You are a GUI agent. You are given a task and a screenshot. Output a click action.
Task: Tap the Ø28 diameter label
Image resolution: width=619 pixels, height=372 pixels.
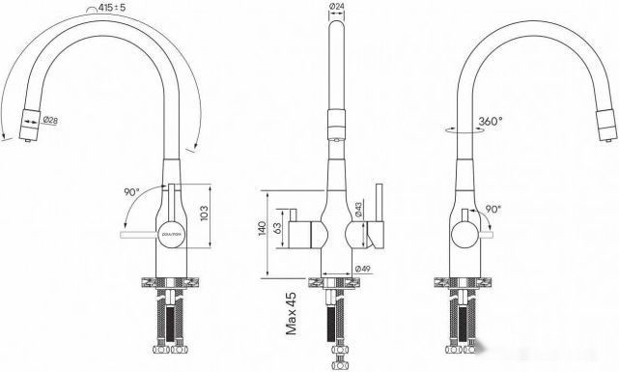coord(51,119)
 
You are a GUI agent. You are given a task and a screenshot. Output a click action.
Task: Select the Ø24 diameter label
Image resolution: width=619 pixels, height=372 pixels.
coord(338,9)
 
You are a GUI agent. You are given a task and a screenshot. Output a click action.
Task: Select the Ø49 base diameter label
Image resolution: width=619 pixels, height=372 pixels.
coord(364,268)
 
